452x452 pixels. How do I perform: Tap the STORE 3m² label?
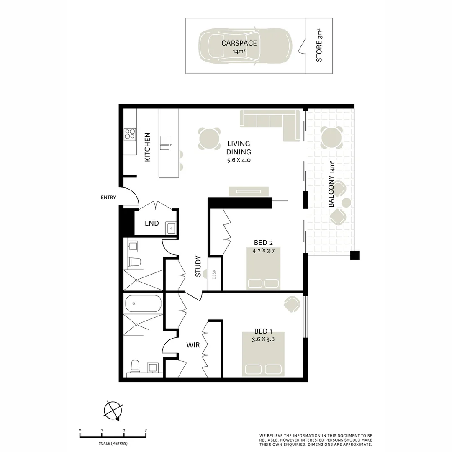(319, 46)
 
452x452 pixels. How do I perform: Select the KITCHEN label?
(147, 147)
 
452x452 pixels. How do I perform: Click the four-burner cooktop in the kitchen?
(130, 134)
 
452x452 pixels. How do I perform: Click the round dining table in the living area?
(209, 139)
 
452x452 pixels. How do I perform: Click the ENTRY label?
(108, 198)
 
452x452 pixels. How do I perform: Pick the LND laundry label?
(152, 223)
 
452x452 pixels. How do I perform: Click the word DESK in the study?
(214, 275)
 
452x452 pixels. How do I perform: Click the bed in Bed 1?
(263, 354)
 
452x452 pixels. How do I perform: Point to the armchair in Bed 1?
(292, 304)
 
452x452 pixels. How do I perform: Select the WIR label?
(193, 345)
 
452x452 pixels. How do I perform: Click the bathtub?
(143, 303)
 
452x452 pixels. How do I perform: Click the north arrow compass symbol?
(113, 410)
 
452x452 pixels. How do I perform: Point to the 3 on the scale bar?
(146, 430)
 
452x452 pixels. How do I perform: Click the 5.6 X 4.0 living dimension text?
(239, 160)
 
